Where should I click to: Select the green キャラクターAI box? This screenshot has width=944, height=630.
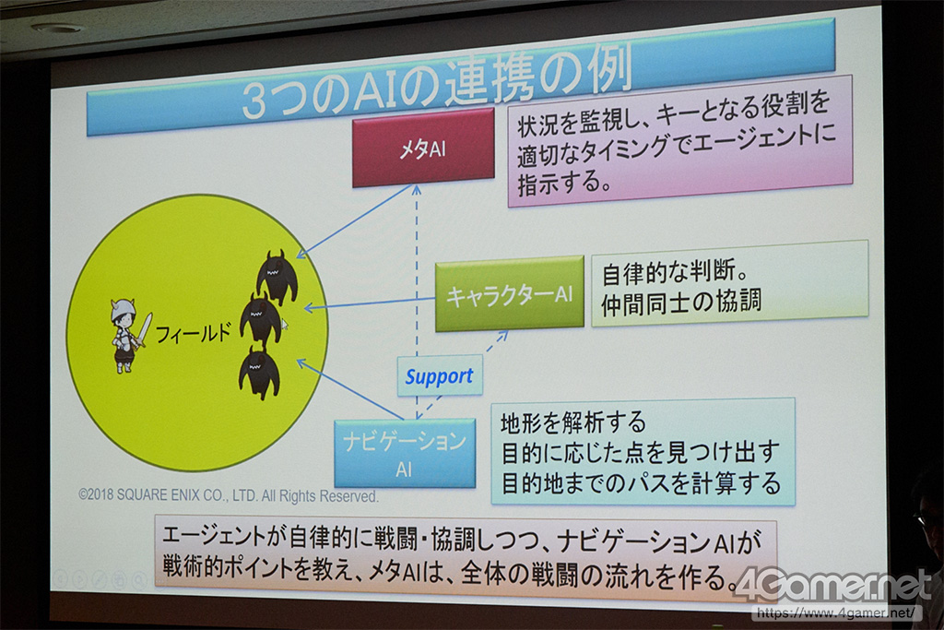509,294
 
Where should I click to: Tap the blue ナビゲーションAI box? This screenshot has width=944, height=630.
405,454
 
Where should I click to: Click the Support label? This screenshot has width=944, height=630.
440,375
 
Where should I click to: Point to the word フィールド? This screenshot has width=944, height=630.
194,332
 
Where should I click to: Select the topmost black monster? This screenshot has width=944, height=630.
277,277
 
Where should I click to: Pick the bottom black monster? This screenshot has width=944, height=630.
259,374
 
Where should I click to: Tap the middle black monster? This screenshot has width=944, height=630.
260,322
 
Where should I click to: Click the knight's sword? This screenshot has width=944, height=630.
143,331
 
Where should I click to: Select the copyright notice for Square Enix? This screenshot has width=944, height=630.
229,495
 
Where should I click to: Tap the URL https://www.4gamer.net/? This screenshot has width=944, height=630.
837,613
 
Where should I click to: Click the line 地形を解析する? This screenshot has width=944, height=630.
573,422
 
